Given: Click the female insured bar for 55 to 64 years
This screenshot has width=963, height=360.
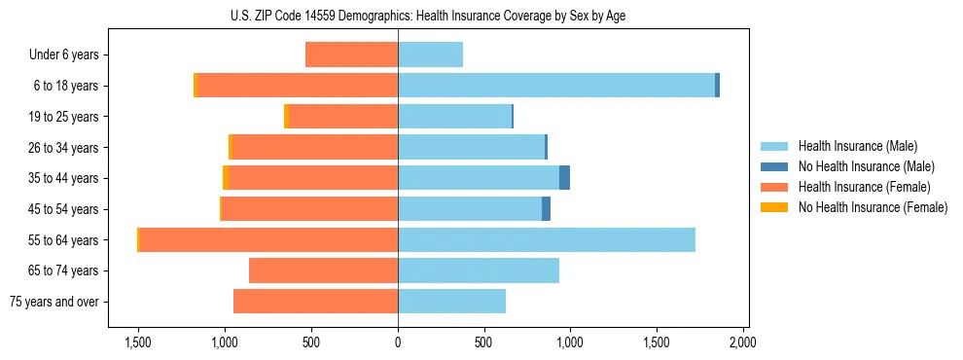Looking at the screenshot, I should point(268,239).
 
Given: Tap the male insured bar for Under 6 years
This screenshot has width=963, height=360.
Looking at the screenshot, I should point(430,54).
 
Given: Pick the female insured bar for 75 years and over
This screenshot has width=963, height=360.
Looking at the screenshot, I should point(316,302).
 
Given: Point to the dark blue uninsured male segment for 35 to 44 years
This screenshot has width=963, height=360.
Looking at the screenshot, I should point(564,178).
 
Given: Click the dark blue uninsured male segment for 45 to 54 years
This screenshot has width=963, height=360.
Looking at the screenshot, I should point(546,208).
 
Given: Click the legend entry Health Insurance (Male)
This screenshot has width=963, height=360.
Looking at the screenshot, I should point(857,146).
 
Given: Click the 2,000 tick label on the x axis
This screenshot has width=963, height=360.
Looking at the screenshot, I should point(743,342).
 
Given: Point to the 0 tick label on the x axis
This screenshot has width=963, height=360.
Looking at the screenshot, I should point(398,342).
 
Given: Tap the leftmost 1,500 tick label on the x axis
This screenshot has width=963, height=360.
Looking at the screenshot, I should point(138,342).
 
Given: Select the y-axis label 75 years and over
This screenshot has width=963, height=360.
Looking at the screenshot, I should point(54,302).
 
